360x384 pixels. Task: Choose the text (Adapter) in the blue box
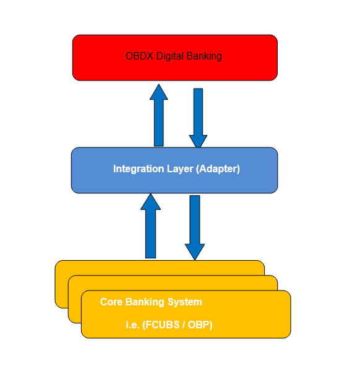[218, 168]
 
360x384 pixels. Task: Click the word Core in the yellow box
[111, 302]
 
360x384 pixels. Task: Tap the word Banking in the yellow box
[145, 302]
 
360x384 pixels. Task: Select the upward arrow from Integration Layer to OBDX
[159, 121]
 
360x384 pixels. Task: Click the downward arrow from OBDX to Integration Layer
[198, 115]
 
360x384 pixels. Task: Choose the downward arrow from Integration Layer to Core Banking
[195, 223]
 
